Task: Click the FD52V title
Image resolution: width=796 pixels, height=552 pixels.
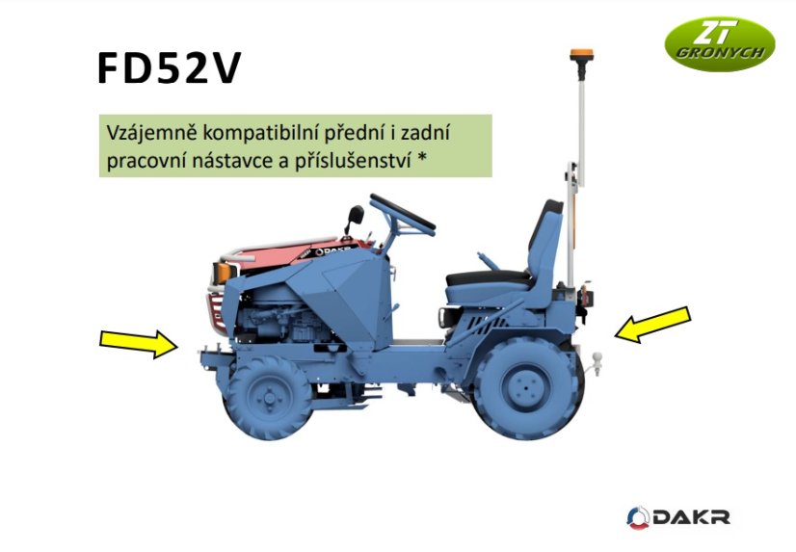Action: tap(168, 68)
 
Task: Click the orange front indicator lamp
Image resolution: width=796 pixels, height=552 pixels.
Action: tap(223, 273)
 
